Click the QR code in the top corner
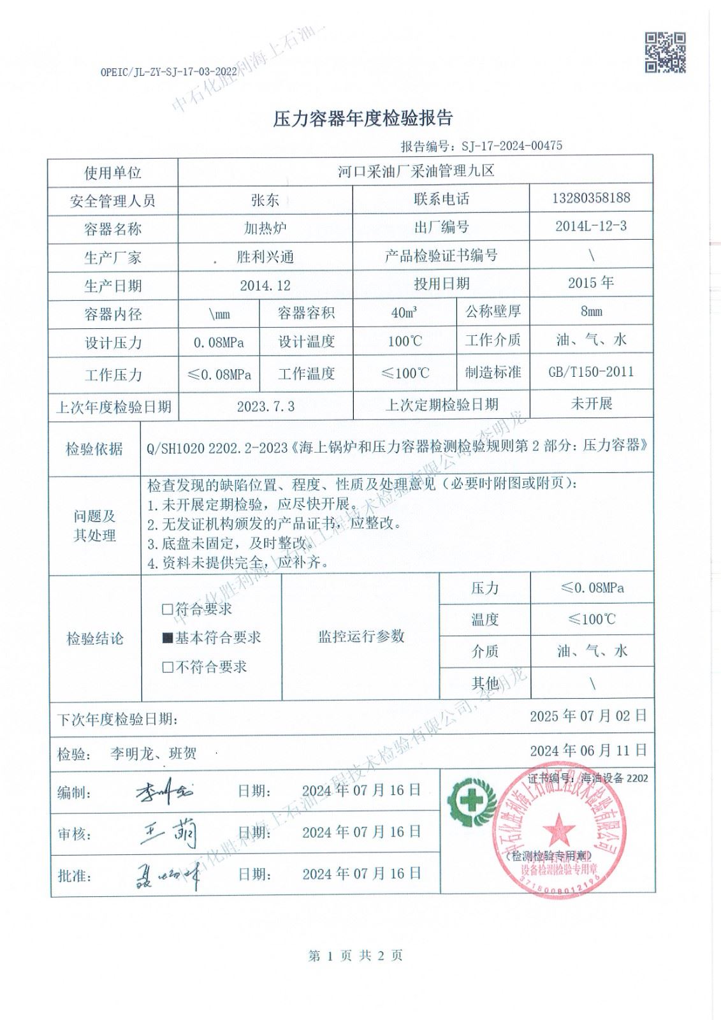(665, 52)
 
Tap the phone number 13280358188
(590, 198)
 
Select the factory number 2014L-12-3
(590, 226)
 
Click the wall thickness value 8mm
(590, 312)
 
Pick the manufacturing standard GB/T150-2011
(591, 372)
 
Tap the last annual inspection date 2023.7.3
(265, 406)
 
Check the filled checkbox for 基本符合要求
(168, 637)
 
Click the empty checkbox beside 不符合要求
(168, 667)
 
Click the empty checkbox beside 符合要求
(168, 609)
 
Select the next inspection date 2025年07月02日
(588, 716)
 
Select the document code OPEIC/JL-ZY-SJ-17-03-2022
(170, 73)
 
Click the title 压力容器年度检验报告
(363, 119)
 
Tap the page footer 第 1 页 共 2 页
(356, 955)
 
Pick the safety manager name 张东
(265, 200)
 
